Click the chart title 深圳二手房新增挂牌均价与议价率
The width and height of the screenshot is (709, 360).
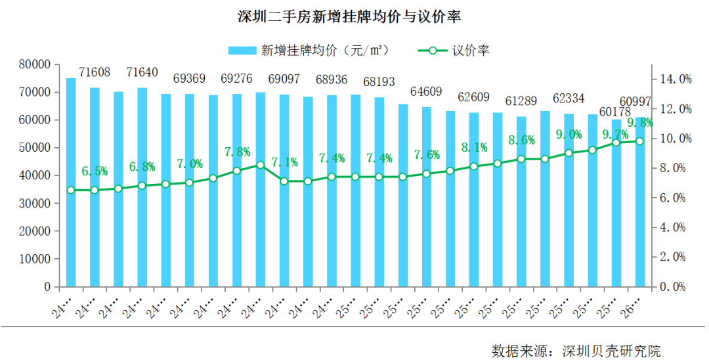click(x=354, y=16)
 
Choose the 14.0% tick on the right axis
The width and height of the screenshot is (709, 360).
click(x=675, y=79)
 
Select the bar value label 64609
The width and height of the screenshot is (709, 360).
click(x=426, y=91)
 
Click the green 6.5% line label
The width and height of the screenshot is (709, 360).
click(x=95, y=171)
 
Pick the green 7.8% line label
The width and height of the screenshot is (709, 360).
click(x=237, y=152)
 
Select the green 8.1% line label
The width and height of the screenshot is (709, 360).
click(x=473, y=147)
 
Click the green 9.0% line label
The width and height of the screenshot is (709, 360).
click(x=569, y=134)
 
